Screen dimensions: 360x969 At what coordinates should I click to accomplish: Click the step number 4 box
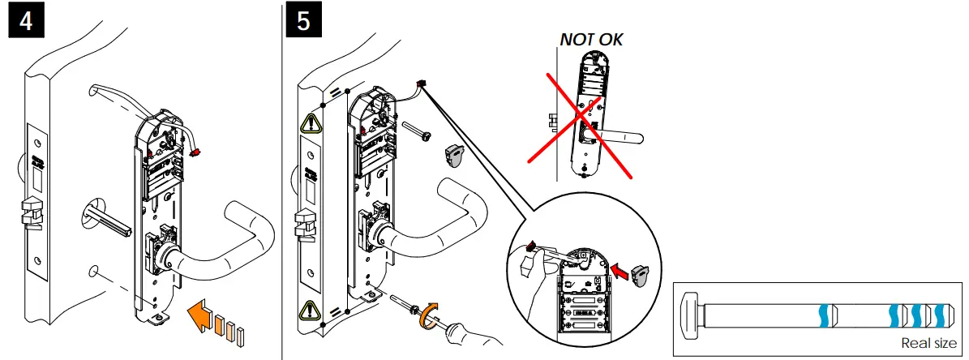pyautogui.click(x=26, y=21)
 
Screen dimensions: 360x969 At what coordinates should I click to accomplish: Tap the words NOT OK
pyautogui.click(x=591, y=39)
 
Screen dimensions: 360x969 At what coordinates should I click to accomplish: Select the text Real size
pyautogui.click(x=928, y=343)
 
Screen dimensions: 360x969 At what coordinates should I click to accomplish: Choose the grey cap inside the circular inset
pyautogui.click(x=641, y=273)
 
